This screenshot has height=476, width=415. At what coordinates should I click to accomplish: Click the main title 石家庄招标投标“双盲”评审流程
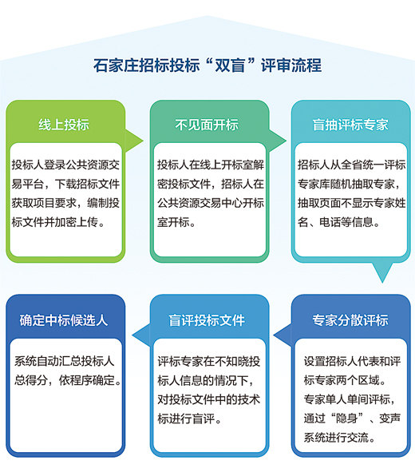207,65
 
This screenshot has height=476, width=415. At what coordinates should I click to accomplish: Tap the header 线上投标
64,125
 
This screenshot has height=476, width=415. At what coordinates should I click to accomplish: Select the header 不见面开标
207,125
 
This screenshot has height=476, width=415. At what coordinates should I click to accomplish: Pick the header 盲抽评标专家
350,125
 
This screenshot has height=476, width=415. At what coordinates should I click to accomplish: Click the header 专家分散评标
350,320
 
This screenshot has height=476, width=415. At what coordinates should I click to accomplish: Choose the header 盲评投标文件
207,320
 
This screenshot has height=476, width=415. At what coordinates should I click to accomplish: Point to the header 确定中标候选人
64,320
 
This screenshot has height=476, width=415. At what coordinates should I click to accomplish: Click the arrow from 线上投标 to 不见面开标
134,141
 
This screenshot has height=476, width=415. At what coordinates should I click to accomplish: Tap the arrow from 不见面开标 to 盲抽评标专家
277,141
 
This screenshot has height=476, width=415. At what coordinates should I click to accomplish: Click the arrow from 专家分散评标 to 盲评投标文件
283,335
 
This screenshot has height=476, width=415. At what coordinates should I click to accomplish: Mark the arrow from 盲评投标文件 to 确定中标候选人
141,335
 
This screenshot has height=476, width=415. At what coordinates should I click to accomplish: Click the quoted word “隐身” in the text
348,418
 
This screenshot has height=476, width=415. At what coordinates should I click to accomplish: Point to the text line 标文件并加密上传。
58,222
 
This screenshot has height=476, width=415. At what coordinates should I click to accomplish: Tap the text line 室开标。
176,222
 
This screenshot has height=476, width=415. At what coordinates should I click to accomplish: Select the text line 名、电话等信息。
339,222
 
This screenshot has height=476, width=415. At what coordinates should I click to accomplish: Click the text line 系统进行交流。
340,438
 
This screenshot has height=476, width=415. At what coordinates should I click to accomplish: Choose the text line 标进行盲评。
189,418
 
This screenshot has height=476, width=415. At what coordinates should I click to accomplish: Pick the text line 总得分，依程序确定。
68,380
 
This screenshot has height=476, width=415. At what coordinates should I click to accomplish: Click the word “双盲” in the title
229,65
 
